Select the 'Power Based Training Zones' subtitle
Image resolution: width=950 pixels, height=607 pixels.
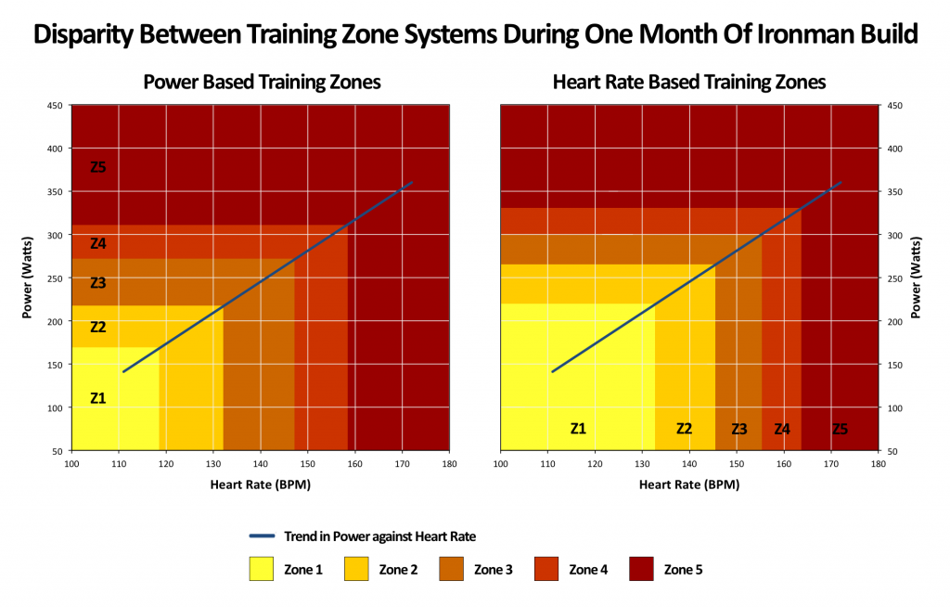pyautogui.click(x=262, y=82)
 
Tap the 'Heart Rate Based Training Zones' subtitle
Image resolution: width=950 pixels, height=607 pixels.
pyautogui.click(x=688, y=82)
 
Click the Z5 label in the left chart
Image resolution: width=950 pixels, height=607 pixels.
pyautogui.click(x=97, y=168)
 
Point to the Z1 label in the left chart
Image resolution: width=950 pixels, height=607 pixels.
pyautogui.click(x=97, y=398)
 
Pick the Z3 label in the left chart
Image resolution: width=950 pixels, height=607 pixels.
pyautogui.click(x=97, y=283)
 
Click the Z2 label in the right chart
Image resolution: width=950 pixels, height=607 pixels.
pyautogui.click(x=684, y=429)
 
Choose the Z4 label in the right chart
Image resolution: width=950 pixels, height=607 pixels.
pyautogui.click(x=782, y=429)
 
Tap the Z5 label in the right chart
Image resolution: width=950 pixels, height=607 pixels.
pyautogui.click(x=840, y=429)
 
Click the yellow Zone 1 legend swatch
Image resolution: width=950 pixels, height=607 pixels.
pyautogui.click(x=261, y=569)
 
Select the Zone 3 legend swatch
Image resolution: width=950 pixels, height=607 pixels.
pyautogui.click(x=451, y=569)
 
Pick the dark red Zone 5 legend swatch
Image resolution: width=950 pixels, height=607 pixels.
pyautogui.click(x=641, y=569)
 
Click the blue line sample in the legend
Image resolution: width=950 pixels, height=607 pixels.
pyautogui.click(x=263, y=536)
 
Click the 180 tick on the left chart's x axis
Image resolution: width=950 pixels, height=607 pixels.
pyautogui.click(x=449, y=463)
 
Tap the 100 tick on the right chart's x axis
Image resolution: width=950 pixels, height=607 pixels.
pyautogui.click(x=501, y=463)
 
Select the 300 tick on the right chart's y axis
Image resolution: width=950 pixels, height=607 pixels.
pyautogui.click(x=894, y=235)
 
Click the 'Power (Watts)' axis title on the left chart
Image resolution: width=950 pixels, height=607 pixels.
pyautogui.click(x=28, y=278)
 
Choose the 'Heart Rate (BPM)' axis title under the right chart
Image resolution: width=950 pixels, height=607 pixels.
pyautogui.click(x=688, y=484)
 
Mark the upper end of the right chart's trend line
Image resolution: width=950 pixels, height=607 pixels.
pyautogui.click(x=841, y=183)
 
